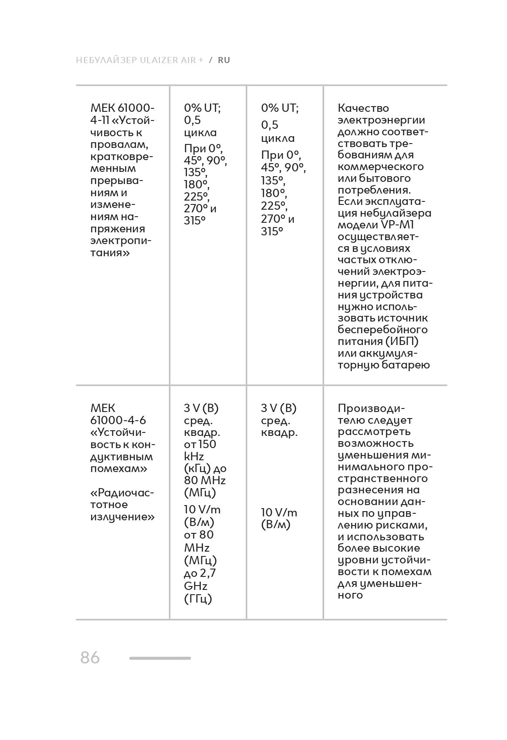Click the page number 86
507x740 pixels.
pos(90,657)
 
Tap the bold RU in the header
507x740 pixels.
pos(224,60)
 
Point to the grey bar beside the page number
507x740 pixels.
pos(160,658)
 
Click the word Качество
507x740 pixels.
pos(363,108)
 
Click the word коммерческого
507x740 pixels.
pos(381,167)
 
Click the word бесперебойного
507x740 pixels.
pos(382,330)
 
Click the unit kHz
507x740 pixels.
pos(194,456)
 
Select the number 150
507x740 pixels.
pos(207,444)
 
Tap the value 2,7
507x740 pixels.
pos(206,573)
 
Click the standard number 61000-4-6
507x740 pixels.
pos(118,420)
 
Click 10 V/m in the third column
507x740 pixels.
pos(279,512)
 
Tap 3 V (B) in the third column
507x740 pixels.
pos(279,408)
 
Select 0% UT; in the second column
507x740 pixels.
pos(202,108)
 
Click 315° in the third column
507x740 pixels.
pos(272,231)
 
